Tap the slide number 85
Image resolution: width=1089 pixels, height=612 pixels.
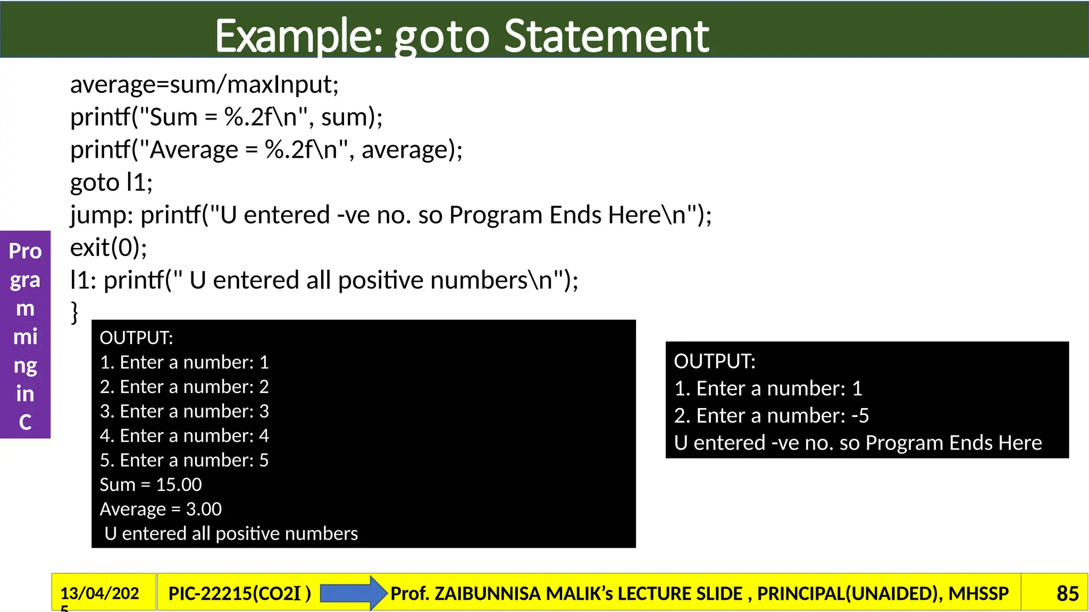(x=1067, y=593)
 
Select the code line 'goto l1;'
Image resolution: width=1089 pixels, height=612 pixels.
(x=111, y=182)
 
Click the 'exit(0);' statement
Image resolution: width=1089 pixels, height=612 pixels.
(x=108, y=248)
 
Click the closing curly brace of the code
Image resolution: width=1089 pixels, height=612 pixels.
(x=74, y=312)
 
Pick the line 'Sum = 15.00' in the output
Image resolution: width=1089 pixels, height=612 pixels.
(x=150, y=484)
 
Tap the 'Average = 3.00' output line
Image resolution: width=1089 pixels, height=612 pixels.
(x=161, y=509)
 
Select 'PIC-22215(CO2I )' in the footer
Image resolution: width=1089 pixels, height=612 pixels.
(x=239, y=593)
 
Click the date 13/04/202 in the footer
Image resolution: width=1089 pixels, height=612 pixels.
(x=99, y=593)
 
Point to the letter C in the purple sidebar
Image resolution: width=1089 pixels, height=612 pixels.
(x=25, y=422)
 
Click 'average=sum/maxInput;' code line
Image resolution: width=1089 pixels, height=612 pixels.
(x=204, y=84)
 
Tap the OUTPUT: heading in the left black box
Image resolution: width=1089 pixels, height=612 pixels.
(x=136, y=338)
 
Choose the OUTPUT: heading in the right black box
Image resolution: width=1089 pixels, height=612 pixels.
(x=714, y=361)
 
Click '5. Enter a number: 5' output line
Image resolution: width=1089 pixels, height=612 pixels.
(x=184, y=460)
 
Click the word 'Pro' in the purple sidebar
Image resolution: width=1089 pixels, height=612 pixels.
(x=25, y=251)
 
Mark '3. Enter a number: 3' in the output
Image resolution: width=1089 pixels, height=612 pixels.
(x=184, y=411)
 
